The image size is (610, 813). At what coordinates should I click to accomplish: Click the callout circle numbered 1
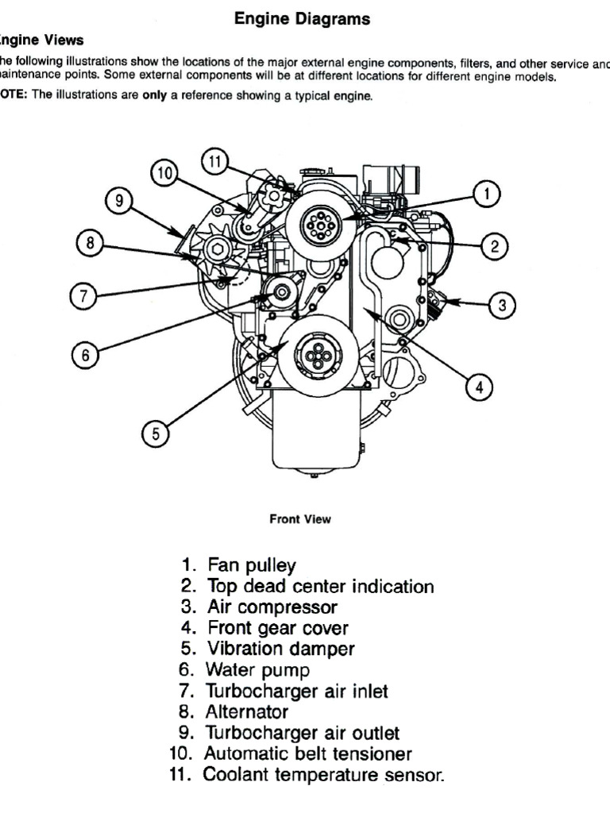click(488, 194)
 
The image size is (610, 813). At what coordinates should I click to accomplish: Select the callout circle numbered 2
click(495, 246)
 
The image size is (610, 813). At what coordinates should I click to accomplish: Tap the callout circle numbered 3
click(502, 304)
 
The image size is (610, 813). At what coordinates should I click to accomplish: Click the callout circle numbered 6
click(84, 355)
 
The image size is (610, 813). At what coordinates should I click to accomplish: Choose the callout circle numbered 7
click(82, 297)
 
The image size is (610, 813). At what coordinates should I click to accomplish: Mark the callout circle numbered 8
click(91, 244)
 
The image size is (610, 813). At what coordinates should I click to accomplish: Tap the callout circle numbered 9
click(119, 201)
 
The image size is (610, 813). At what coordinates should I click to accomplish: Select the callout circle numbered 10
click(164, 174)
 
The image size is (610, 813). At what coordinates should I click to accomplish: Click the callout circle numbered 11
click(214, 161)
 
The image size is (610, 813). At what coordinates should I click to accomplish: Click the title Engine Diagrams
click(303, 20)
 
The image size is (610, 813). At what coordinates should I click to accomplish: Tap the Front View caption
click(300, 519)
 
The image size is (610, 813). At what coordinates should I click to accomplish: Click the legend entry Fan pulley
click(251, 565)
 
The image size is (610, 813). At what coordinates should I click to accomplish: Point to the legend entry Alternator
click(247, 711)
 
